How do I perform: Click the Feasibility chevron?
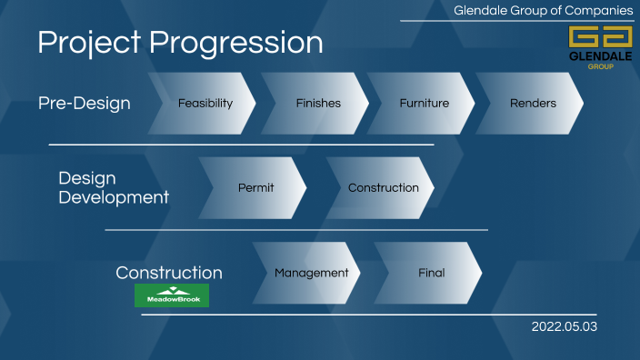pyautogui.click(x=205, y=104)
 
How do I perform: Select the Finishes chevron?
pyautogui.click(x=318, y=104)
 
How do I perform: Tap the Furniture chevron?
pyautogui.click(x=425, y=104)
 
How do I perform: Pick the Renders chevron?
pyautogui.click(x=533, y=104)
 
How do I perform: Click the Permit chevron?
pyautogui.click(x=256, y=188)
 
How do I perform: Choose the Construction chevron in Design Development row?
pyautogui.click(x=383, y=188)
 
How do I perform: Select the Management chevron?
pyautogui.click(x=311, y=273)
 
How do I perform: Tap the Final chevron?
pyautogui.click(x=432, y=273)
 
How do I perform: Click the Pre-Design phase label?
pyautogui.click(x=85, y=104)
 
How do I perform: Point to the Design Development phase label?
pyautogui.click(x=114, y=188)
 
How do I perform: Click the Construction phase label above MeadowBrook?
pyautogui.click(x=169, y=273)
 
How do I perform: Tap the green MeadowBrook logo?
pyautogui.click(x=172, y=295)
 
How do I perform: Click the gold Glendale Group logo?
pyautogui.click(x=600, y=43)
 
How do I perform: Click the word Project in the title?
pyautogui.click(x=89, y=43)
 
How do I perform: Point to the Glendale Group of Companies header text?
pyautogui.click(x=544, y=10)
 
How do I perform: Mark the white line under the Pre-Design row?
pyautogui.click(x=241, y=145)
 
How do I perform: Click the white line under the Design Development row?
pyautogui.click(x=295, y=230)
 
